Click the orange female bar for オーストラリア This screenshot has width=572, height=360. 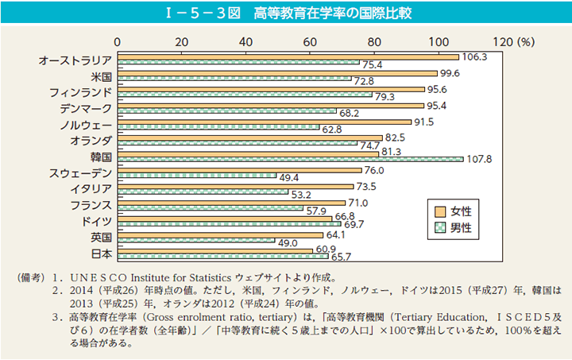(288, 57)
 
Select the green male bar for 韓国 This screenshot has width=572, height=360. (290, 159)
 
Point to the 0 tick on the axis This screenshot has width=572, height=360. (118, 41)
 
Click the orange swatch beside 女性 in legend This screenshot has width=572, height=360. (438, 211)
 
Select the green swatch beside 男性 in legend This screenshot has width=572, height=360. (438, 227)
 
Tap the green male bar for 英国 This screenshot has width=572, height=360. (196, 240)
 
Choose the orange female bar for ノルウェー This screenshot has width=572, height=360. (264, 122)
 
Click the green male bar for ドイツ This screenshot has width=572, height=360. (229, 224)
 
